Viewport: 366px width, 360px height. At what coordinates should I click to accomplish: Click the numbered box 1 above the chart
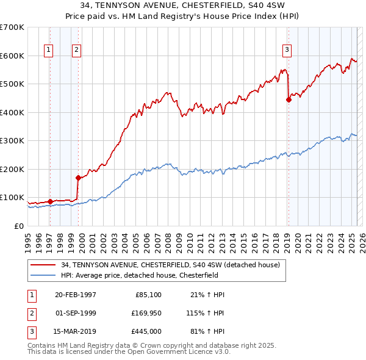pos(49,51)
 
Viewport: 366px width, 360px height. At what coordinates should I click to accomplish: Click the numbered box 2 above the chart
pos(76,51)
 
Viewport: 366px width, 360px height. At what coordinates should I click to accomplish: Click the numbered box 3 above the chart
pos(287,51)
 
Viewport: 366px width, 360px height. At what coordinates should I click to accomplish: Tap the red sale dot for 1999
pos(78,178)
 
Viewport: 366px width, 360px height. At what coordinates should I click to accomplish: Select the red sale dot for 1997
pos(50,201)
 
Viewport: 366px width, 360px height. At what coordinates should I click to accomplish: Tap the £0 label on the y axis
pos(19,226)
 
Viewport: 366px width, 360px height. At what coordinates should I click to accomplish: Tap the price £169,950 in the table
pos(145,313)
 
